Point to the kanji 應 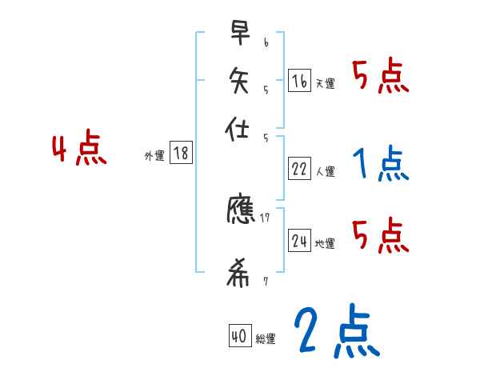point(241,210)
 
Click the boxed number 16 point(299,80)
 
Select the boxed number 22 point(299,168)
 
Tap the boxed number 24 point(299,241)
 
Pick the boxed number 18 point(181,154)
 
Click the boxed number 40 point(238,337)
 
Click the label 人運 point(326,171)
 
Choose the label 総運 point(266,339)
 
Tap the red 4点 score point(79,150)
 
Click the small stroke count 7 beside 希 point(266,282)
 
